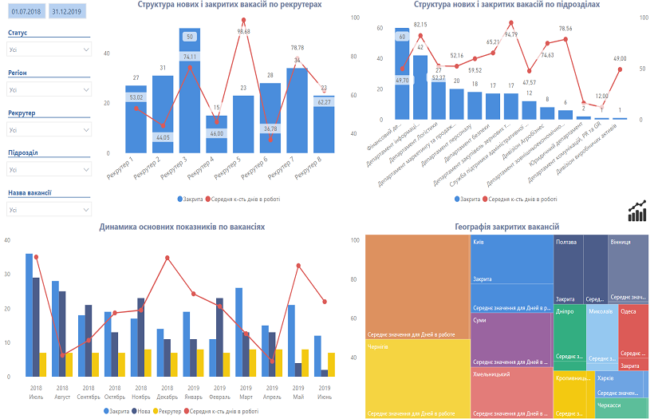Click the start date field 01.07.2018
tap(24, 13)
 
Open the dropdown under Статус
tap(49, 49)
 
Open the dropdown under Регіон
tap(49, 89)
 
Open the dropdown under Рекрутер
tap(49, 129)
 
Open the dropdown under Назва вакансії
tap(49, 209)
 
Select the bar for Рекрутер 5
tap(243, 124)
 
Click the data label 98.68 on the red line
tap(243, 31)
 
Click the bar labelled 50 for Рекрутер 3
tap(189, 37)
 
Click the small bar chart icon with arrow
tap(636, 211)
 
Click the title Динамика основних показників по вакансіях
tap(182, 227)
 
